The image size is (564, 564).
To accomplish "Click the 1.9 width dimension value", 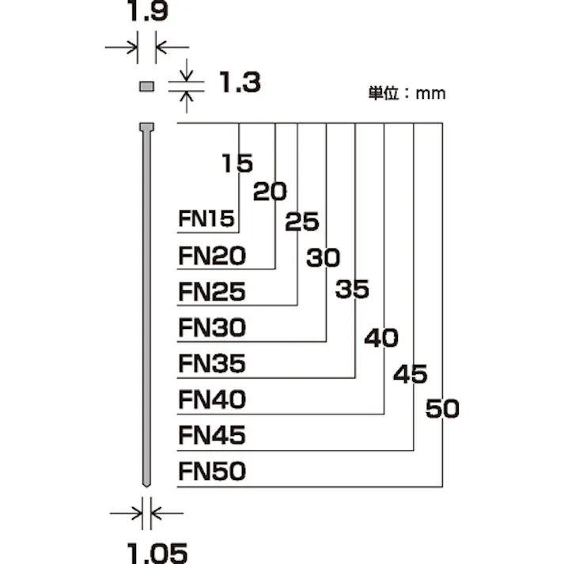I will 146,13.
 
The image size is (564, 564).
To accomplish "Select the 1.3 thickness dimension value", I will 239,81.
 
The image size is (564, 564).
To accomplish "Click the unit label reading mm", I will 407,93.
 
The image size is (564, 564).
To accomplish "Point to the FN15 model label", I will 206,219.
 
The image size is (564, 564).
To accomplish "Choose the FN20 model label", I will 212,256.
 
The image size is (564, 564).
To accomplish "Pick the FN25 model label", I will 212,292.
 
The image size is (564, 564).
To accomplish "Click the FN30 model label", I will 212,327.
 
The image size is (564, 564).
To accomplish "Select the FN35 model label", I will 212,364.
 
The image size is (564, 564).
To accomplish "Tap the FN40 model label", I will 212,399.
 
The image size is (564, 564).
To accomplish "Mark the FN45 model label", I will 212,435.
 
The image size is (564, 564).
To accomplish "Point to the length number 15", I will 237,164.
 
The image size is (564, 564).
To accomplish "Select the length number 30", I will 323,258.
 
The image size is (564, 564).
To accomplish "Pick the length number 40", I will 381,339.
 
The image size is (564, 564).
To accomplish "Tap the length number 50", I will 442,409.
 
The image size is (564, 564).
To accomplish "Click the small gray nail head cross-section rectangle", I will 146,86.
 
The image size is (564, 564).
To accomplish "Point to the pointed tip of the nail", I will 146,483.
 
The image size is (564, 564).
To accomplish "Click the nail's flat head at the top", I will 146,127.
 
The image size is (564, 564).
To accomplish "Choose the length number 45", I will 410,374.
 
